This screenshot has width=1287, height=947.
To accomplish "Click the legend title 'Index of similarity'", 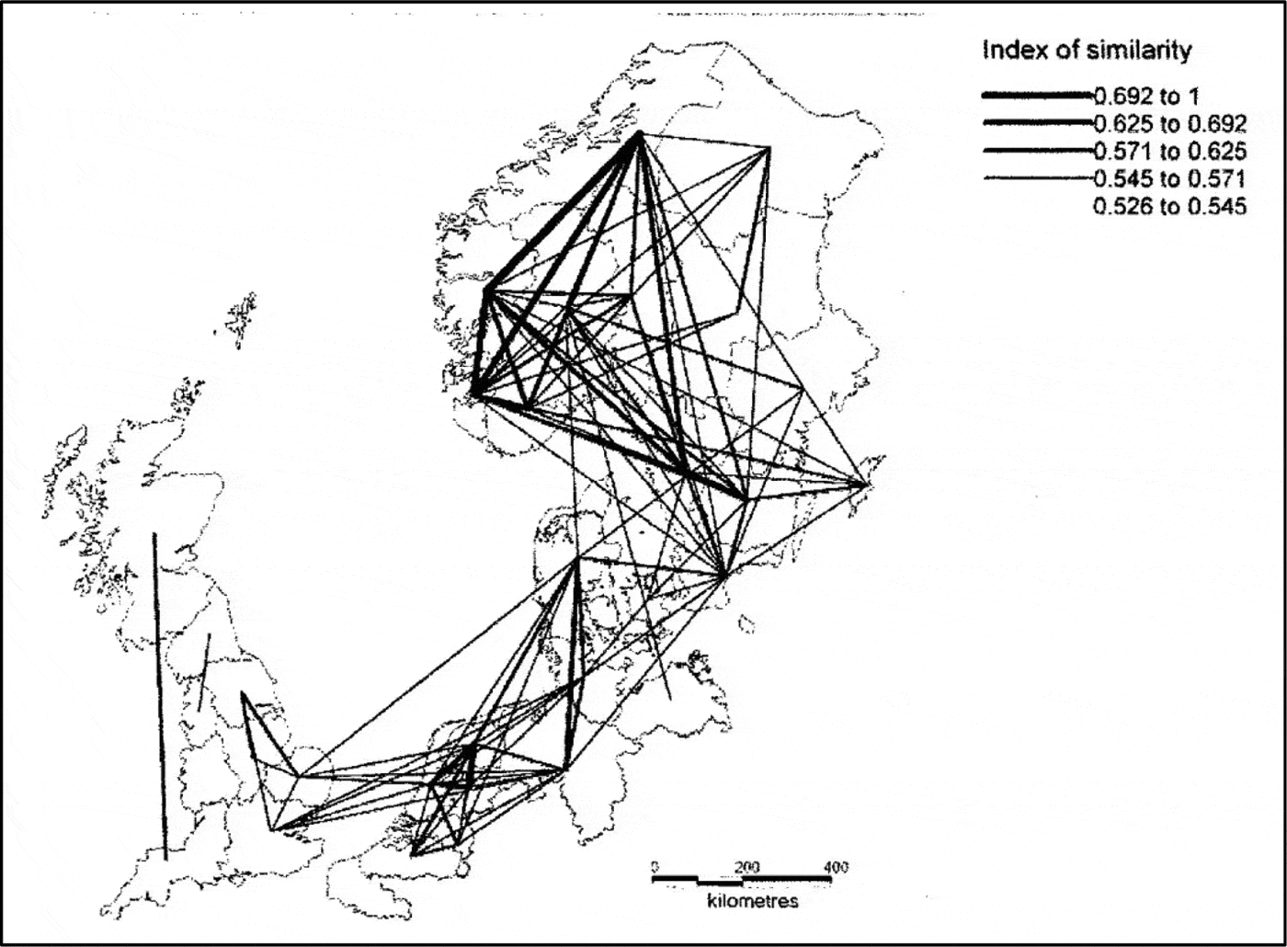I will (1087, 50).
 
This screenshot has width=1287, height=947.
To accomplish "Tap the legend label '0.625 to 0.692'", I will (1169, 123).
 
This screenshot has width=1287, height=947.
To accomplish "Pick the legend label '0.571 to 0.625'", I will (1169, 151).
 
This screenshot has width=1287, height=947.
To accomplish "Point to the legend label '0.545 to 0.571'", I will (1169, 178).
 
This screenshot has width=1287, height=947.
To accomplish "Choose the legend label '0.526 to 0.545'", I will (1169, 206).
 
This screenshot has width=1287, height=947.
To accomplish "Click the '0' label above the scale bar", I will (655, 867).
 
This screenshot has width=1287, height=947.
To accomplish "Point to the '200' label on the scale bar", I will (747, 867).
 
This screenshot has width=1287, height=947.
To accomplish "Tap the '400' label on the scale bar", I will (836, 867).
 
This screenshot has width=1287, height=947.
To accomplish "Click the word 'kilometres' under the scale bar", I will (753, 901).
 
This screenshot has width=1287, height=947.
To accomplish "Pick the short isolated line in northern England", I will (204, 672).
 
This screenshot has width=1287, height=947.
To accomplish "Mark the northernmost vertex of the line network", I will (638, 134).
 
